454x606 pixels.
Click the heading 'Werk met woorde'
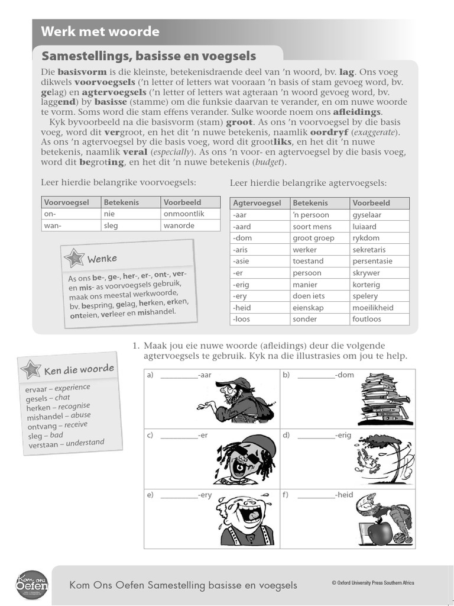tap(100, 32)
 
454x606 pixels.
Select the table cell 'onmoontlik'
tap(183, 214)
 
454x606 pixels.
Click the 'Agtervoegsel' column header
tap(257, 203)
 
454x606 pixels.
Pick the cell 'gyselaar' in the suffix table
tap(367, 215)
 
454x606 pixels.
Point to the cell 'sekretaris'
tap(369, 250)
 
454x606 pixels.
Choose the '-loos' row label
tap(242, 319)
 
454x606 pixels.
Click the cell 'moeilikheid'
tap(372, 308)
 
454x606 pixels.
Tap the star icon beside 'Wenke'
tap(74, 258)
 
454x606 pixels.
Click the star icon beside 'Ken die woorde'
tap(30, 369)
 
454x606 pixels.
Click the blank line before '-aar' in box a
tap(178, 376)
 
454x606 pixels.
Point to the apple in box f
tap(380, 531)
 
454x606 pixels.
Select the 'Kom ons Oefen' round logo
tap(32, 585)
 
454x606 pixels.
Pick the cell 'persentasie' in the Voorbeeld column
tap(372, 261)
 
